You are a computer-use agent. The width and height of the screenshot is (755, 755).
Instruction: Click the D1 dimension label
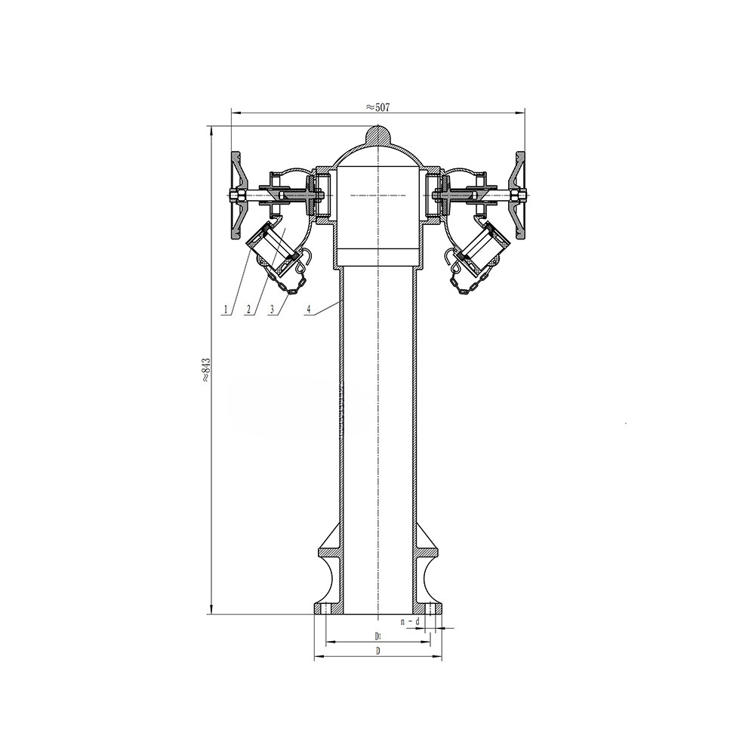(377, 636)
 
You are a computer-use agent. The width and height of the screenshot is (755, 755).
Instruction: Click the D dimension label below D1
(377, 651)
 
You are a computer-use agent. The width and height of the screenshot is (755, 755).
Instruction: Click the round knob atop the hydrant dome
(377, 134)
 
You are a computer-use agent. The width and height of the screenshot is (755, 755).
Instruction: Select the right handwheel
(519, 196)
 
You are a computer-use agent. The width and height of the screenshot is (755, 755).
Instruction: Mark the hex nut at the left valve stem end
(236, 197)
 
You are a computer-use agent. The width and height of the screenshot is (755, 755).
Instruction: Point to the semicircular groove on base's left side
(327, 578)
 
